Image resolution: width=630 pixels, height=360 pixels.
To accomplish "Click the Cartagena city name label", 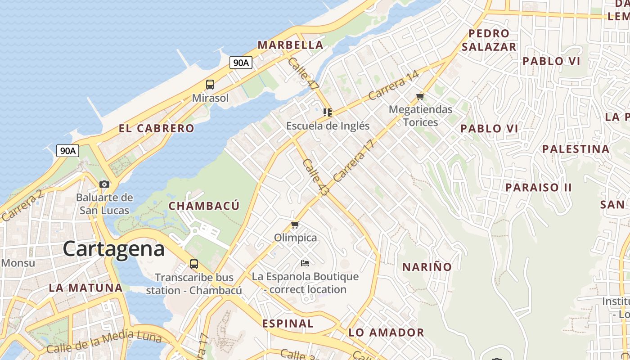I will pos(113,249).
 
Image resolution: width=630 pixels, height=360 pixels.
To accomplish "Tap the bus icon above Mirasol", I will pos(210,84).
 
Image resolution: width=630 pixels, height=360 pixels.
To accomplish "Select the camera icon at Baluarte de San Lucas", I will pos(104,184).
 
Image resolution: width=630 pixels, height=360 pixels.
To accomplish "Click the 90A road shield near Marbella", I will pos(241,63).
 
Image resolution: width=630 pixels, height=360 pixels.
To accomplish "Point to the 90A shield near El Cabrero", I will pos(67,151).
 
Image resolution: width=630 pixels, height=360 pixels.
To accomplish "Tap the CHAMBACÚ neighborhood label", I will pos(204,206).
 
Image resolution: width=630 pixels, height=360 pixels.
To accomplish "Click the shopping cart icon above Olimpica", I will pos(295,225).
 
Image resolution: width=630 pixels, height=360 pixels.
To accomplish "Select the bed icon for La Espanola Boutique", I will pos(305,263).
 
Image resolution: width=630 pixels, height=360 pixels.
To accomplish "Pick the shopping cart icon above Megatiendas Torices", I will pos(420,96).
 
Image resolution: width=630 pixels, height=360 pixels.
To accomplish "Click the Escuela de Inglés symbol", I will pos(328,112).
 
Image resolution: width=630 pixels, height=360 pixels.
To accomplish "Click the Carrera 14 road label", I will pos(393,85).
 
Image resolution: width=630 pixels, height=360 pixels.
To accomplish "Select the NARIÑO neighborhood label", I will pos(427,267).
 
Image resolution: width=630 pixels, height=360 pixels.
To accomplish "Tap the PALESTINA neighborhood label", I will pos(576,149).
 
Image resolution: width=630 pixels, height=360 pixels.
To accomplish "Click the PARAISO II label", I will pos(538,187).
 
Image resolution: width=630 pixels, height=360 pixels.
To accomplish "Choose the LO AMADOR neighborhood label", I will pos(386,333).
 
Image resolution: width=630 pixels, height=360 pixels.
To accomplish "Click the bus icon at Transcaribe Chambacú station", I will pos(194,264).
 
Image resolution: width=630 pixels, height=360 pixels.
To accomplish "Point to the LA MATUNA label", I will pos(85,288).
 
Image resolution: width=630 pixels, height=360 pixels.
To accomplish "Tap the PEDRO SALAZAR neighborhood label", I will pos(489,40).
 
